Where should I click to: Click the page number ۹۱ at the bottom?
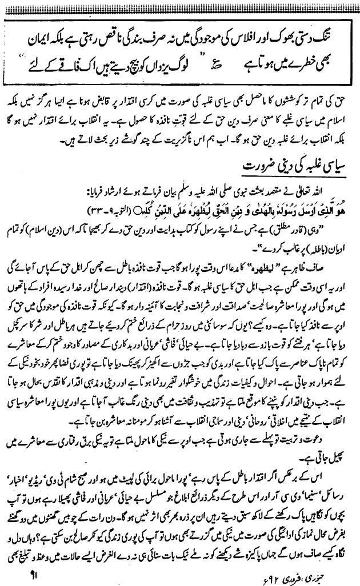pos(15,569)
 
